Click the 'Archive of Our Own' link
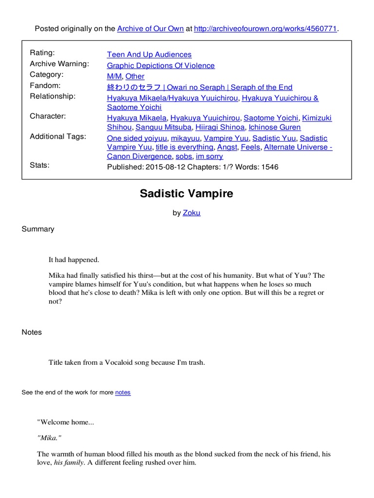(x=150, y=29)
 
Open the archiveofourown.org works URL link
(x=265, y=29)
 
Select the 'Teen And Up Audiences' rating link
(x=149, y=54)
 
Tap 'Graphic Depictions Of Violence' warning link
(x=161, y=65)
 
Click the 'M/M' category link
(x=114, y=76)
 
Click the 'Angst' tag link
(x=227, y=147)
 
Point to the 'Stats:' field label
(x=39, y=165)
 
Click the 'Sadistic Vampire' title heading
(x=187, y=194)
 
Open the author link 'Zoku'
(x=191, y=213)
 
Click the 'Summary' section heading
(x=38, y=229)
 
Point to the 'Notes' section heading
(x=32, y=332)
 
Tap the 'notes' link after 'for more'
(x=123, y=392)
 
